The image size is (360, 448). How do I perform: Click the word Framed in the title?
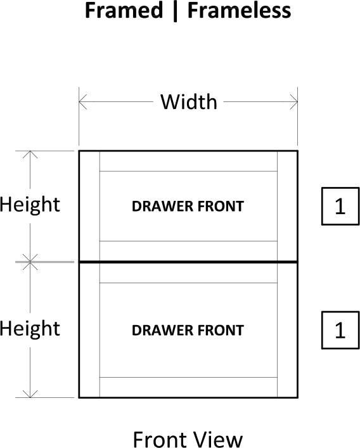point(124,10)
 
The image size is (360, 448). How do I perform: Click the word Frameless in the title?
point(239,10)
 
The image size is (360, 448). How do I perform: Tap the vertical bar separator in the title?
point(175,11)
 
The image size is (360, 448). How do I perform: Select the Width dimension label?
point(189,102)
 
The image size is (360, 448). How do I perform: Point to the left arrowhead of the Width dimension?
point(83,102)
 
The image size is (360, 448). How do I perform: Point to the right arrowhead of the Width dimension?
point(293,102)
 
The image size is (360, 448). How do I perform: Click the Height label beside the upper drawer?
point(30,205)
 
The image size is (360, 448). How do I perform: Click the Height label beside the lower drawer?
point(30,328)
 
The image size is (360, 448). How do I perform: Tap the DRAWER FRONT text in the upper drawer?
point(188,207)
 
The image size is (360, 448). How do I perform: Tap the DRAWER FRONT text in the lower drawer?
point(188,330)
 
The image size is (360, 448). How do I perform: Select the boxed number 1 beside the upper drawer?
point(340,207)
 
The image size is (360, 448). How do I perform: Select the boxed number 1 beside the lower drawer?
point(340,330)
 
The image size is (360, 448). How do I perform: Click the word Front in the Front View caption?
point(160,439)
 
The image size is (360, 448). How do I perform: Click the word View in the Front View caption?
point(219,439)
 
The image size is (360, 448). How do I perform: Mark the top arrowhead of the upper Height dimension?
point(30,155)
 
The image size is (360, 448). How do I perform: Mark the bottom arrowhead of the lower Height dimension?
point(30,394)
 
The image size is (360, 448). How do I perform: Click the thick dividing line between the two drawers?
point(188,262)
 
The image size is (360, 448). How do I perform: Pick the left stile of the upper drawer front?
point(89,206)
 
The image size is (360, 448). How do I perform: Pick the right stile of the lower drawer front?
point(287,330)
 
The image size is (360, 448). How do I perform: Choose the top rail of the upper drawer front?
point(188,162)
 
